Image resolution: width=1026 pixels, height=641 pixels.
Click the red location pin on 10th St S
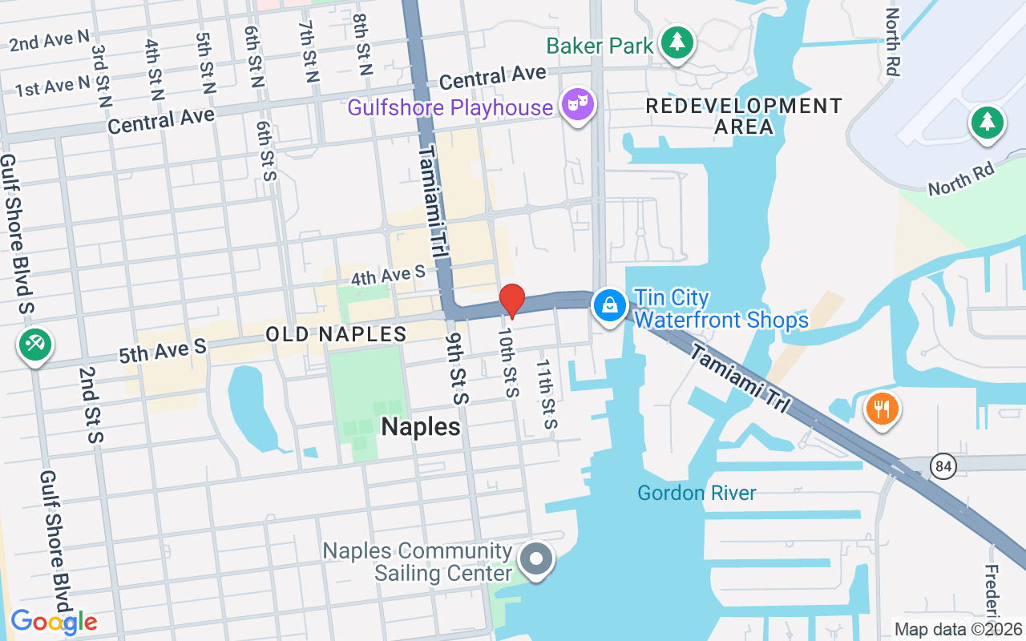[x=511, y=301]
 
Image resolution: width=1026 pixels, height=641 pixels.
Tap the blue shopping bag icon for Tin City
[x=610, y=306]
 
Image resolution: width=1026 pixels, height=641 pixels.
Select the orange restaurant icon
[x=882, y=409]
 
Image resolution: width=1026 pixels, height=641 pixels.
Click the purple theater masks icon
[x=577, y=105]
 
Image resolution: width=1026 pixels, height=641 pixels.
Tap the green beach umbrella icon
[x=34, y=345]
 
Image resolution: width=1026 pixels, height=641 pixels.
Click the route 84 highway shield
[x=944, y=466]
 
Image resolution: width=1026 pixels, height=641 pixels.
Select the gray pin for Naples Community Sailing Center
[x=536, y=559]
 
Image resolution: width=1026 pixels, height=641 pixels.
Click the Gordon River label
[x=696, y=493]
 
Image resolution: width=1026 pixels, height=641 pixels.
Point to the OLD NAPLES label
[x=336, y=334]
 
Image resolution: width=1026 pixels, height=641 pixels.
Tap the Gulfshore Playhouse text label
[x=450, y=107]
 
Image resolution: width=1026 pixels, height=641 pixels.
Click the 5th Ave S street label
[x=163, y=352]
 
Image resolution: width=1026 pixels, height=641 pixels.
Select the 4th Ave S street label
[x=388, y=276]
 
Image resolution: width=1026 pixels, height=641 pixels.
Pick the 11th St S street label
[x=546, y=393]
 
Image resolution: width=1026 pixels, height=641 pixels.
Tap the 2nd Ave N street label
[x=50, y=40]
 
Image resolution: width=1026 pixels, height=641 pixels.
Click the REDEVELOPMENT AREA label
[x=744, y=116]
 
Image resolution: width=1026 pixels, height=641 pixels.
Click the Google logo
[x=54, y=622]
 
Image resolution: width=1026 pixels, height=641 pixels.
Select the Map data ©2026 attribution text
[x=958, y=629]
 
